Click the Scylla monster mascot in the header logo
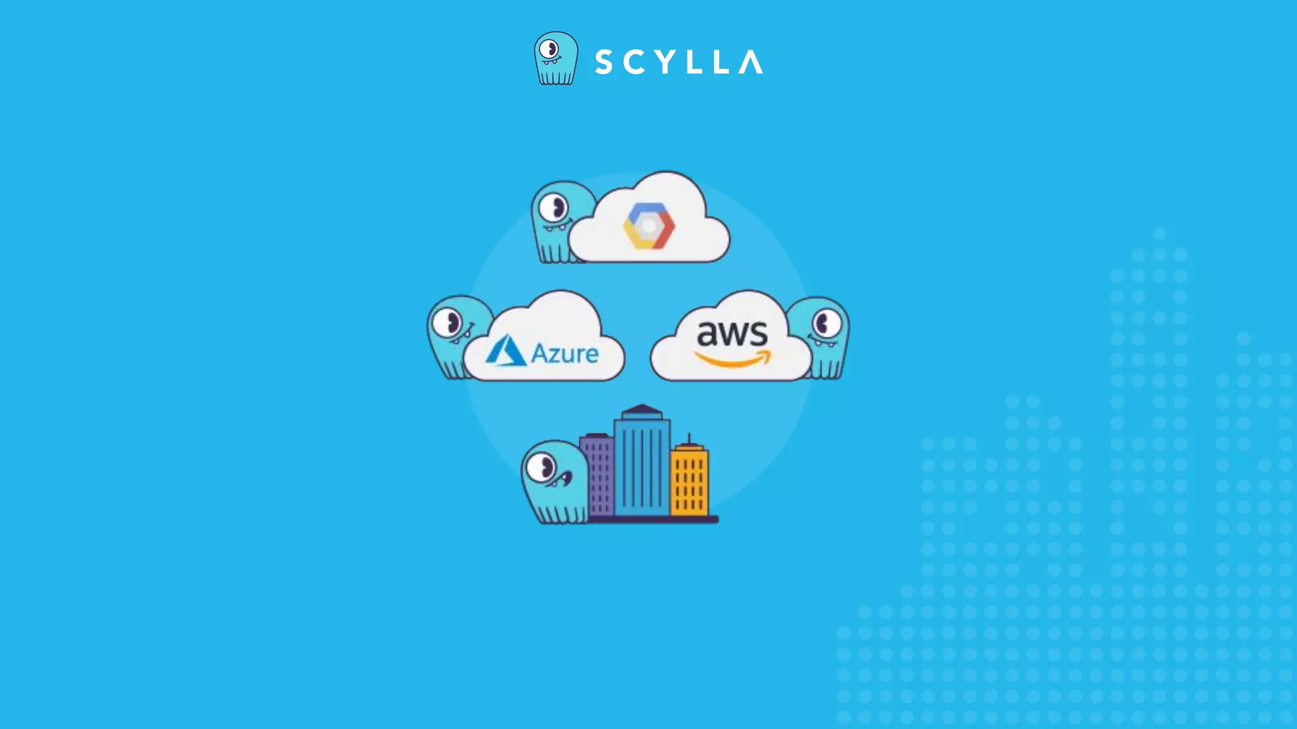[555, 58]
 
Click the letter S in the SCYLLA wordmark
[604, 62]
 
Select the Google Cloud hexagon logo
[648, 226]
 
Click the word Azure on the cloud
[565, 354]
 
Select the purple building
[597, 475]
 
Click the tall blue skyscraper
[642, 465]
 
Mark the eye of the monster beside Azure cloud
[450, 323]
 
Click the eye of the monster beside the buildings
[542, 468]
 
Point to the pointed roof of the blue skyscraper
[642, 409]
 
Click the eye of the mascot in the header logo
[550, 49]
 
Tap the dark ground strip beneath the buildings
[652, 520]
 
